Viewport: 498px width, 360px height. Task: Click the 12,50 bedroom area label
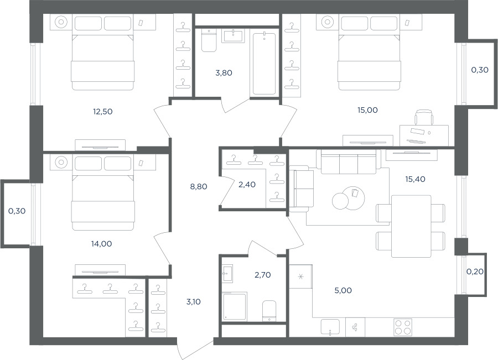(102, 112)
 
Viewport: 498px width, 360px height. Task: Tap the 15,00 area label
(367, 110)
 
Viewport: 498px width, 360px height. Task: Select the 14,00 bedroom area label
(102, 244)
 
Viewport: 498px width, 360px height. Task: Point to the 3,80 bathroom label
(224, 73)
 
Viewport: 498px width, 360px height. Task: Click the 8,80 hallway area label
(199, 187)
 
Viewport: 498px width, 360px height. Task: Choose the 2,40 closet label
(247, 185)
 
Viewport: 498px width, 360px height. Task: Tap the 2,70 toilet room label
(263, 275)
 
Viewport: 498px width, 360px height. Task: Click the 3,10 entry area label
(194, 301)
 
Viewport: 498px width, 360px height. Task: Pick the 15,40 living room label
(415, 179)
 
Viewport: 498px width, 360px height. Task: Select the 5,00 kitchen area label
(343, 290)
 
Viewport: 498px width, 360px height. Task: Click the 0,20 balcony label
(475, 272)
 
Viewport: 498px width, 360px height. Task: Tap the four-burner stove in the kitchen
(403, 327)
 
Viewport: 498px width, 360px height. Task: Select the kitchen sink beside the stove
(330, 327)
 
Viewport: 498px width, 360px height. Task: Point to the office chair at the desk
(424, 117)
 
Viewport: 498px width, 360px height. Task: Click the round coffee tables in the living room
(348, 198)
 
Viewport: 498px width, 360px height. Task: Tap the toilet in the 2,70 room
(269, 311)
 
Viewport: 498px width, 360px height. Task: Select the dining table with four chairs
(411, 226)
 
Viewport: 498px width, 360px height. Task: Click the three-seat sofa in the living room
(349, 161)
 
